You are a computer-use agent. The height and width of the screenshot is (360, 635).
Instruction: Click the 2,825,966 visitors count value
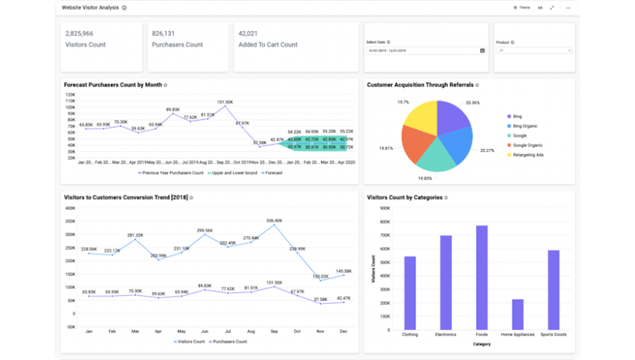click(x=79, y=34)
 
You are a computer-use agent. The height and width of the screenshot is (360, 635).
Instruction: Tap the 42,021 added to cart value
click(x=248, y=34)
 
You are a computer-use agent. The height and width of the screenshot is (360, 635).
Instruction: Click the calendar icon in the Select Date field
click(x=482, y=50)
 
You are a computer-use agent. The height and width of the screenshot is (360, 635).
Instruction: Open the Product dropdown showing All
click(x=534, y=50)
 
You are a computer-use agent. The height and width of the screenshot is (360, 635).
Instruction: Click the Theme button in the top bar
click(x=521, y=7)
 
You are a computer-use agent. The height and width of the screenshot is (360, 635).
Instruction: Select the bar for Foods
click(x=482, y=277)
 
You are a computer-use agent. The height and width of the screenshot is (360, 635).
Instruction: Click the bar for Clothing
click(x=410, y=293)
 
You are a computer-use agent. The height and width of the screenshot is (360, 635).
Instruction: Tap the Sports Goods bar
click(x=553, y=290)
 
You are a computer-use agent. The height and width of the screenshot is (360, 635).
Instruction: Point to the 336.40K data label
click(x=274, y=220)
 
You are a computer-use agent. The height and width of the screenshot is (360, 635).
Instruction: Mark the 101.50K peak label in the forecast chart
click(x=225, y=102)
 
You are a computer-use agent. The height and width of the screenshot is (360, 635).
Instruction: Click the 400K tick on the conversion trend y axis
click(x=71, y=208)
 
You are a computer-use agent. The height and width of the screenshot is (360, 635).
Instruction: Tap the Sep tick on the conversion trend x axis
click(x=274, y=331)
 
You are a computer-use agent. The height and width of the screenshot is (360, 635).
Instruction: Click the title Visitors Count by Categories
click(x=404, y=197)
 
